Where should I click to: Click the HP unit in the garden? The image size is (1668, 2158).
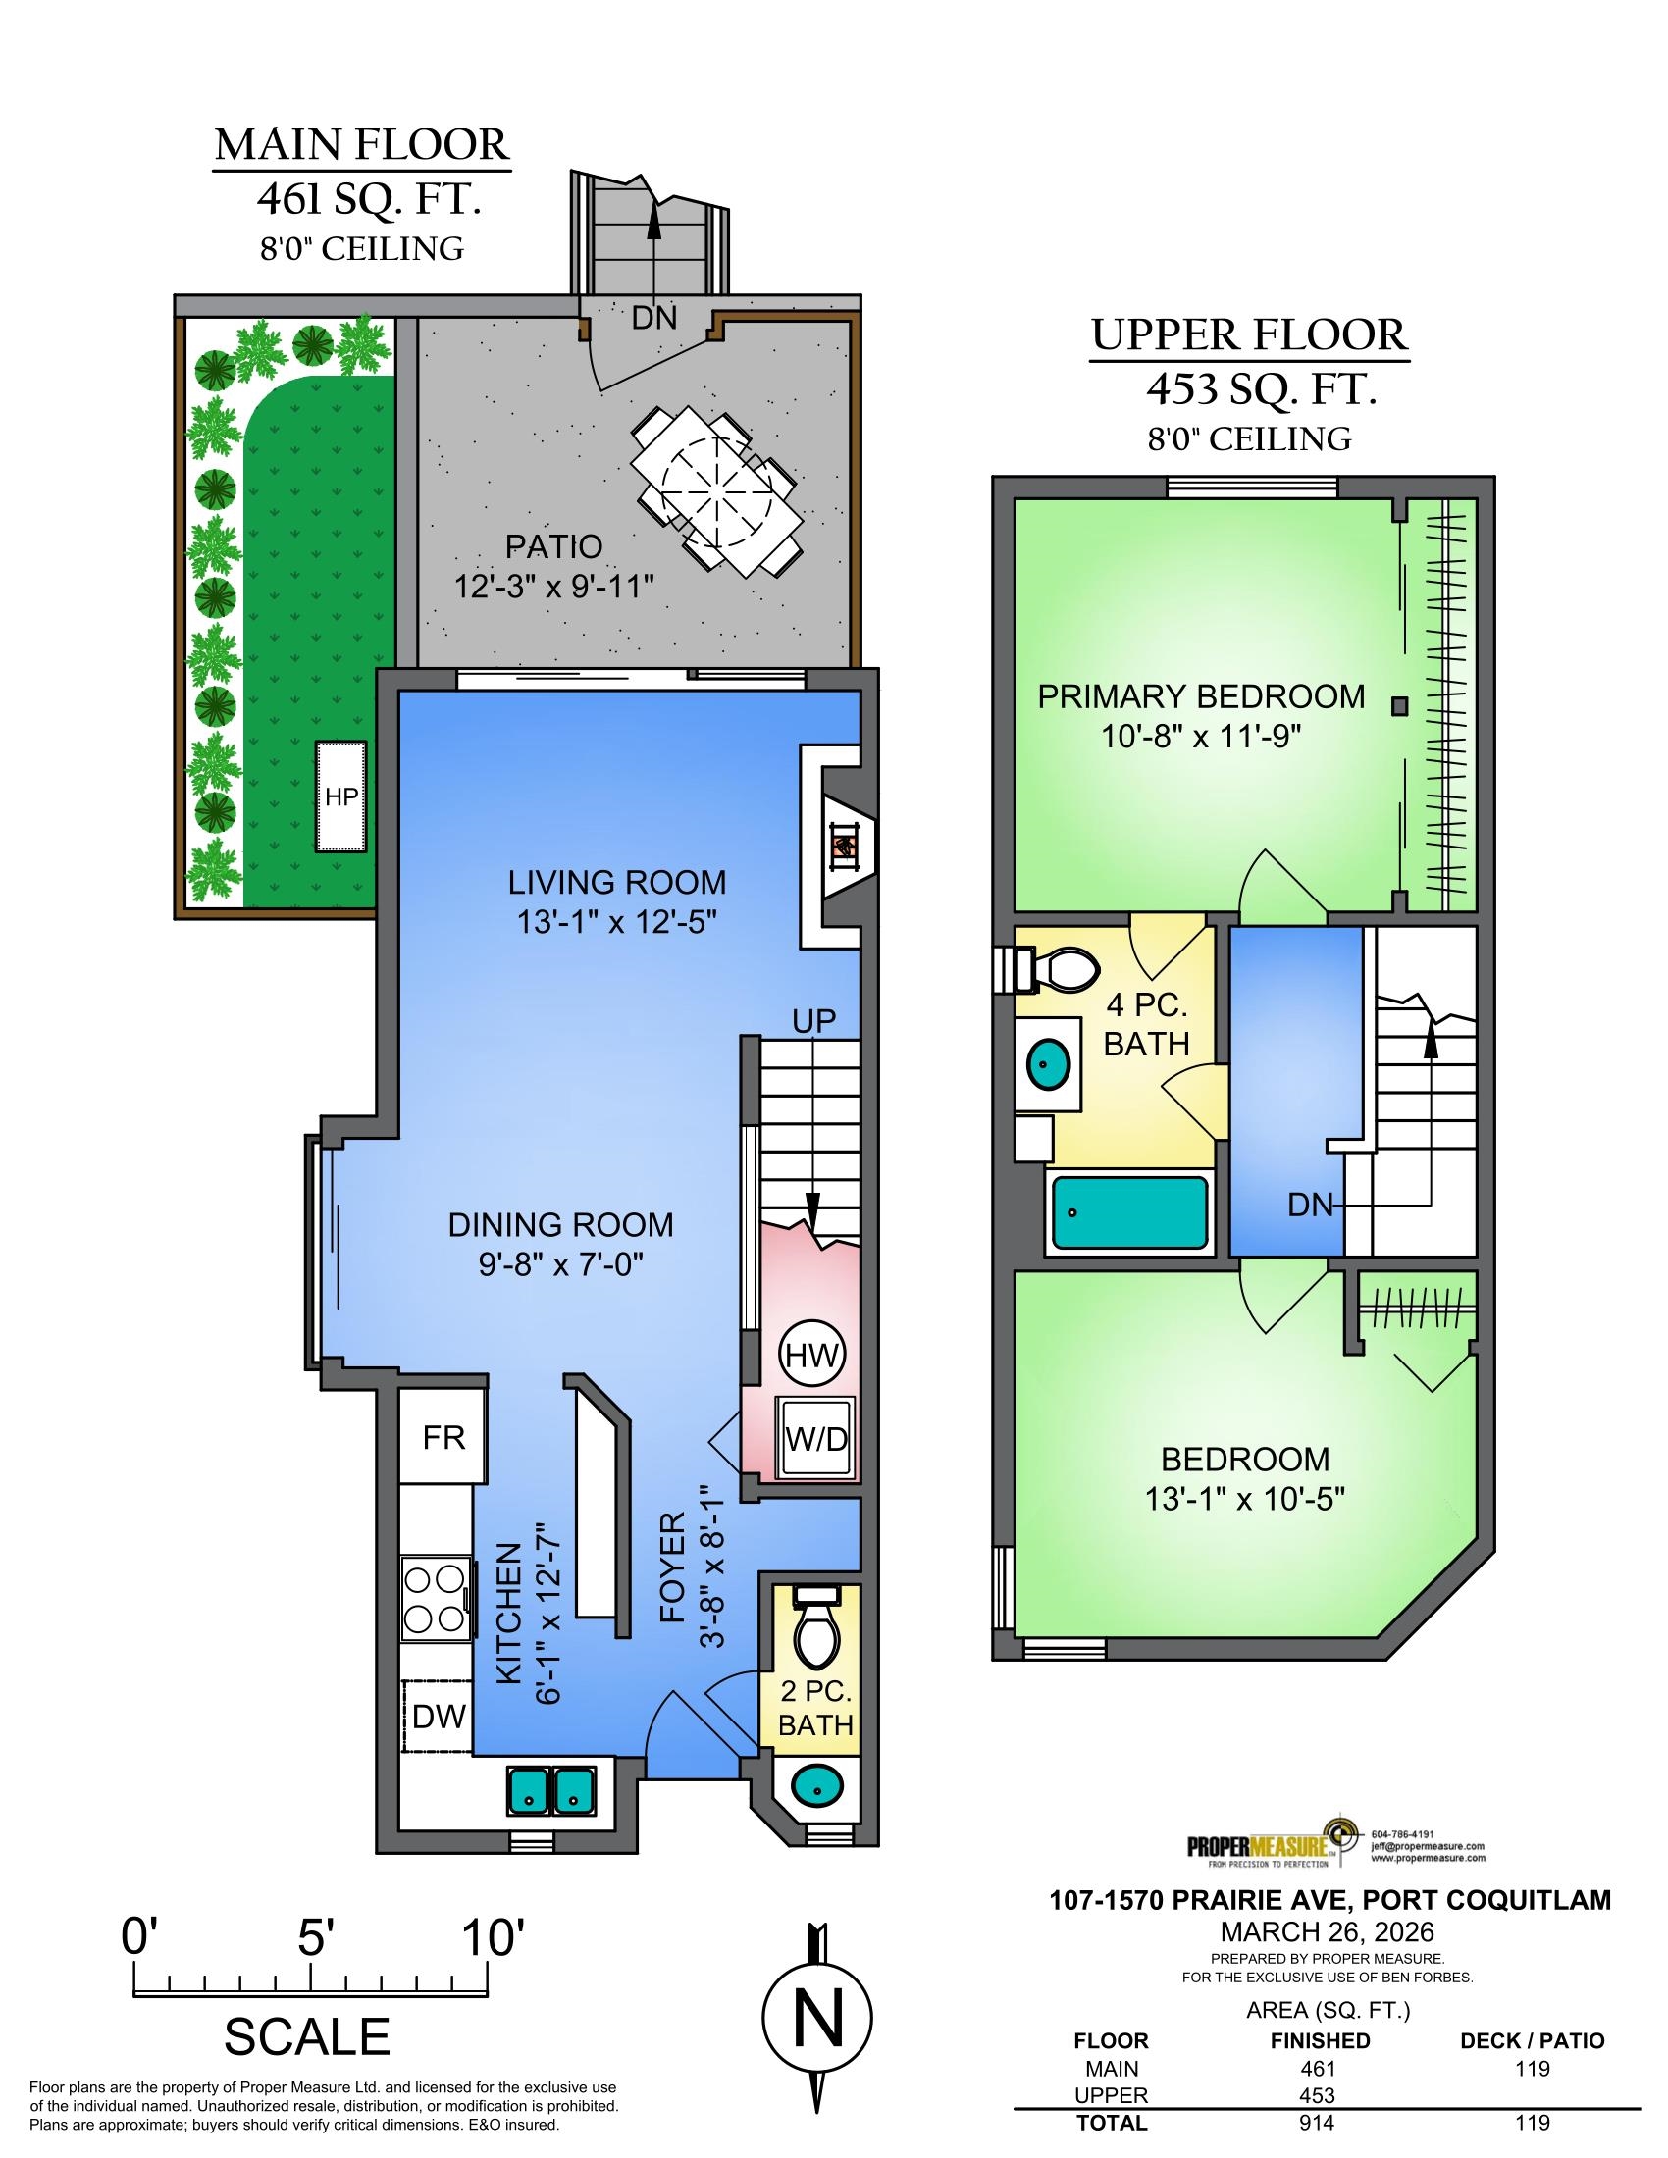pyautogui.click(x=340, y=796)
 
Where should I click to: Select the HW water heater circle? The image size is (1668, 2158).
pyautogui.click(x=812, y=1355)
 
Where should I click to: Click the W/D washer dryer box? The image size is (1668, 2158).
pyautogui.click(x=816, y=1438)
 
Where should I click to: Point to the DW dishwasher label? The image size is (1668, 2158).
pyautogui.click(x=439, y=1717)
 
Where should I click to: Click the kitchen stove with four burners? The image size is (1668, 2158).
pyautogui.click(x=436, y=1601)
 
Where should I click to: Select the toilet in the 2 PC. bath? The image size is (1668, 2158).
pyautogui.click(x=815, y=1627)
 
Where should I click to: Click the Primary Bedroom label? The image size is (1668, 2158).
pyautogui.click(x=1201, y=695)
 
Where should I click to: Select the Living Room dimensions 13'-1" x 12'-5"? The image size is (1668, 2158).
pyautogui.click(x=616, y=922)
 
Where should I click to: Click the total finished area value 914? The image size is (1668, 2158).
pyautogui.click(x=1319, y=2142)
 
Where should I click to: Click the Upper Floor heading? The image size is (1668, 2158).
pyautogui.click(x=1249, y=335)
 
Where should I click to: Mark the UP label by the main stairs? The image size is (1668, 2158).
pyautogui.click(x=814, y=1021)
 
